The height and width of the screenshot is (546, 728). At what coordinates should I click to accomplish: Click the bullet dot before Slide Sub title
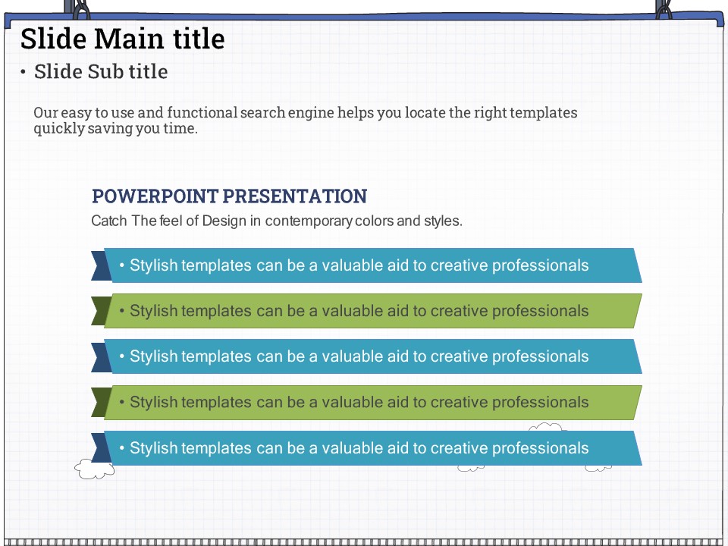click(x=23, y=72)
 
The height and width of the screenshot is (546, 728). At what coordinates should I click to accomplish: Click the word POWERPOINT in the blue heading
click(x=155, y=196)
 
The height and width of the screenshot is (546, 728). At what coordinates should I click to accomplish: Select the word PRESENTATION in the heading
click(x=295, y=196)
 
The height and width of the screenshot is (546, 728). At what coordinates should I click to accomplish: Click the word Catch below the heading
click(x=109, y=221)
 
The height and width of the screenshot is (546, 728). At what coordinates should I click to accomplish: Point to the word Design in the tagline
click(x=224, y=221)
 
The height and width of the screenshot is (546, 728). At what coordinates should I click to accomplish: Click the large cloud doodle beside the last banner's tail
click(x=94, y=469)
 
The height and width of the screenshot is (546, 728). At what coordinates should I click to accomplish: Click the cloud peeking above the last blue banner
click(x=546, y=427)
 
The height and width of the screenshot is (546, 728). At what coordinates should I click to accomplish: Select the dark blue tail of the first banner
click(x=101, y=266)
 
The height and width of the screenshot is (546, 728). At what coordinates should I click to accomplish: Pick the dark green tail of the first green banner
click(x=101, y=311)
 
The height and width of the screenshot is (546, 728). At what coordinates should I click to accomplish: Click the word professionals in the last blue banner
click(x=540, y=448)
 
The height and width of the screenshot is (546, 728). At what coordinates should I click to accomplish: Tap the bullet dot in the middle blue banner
click(x=121, y=356)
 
